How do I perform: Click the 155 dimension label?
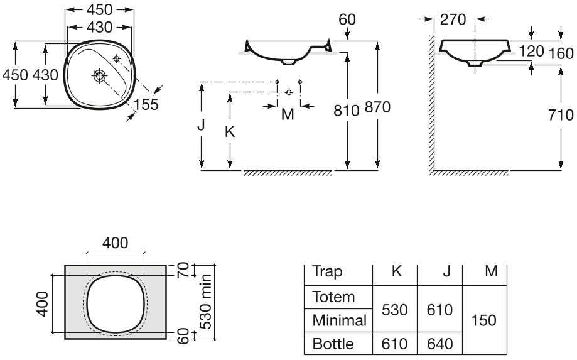click(x=146, y=104)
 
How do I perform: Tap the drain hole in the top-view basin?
click(x=99, y=76)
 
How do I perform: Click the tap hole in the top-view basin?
click(x=117, y=58)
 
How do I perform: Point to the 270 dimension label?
click(x=453, y=19)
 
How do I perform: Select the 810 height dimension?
click(x=347, y=111)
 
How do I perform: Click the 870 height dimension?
click(x=377, y=107)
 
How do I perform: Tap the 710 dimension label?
click(x=561, y=115)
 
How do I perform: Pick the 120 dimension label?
click(x=531, y=51)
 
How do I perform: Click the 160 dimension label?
click(x=561, y=54)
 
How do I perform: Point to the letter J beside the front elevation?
click(x=201, y=125)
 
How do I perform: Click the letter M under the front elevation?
click(x=288, y=114)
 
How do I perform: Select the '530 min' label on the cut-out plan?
click(x=205, y=302)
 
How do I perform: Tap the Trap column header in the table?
click(x=328, y=271)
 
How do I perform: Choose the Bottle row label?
click(x=333, y=344)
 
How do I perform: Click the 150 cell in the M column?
click(x=483, y=320)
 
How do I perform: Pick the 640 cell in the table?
click(x=439, y=344)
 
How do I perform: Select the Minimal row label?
click(x=339, y=320)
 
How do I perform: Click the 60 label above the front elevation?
click(x=347, y=19)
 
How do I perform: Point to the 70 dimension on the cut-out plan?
click(x=183, y=270)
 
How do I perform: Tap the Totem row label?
click(x=333, y=297)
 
